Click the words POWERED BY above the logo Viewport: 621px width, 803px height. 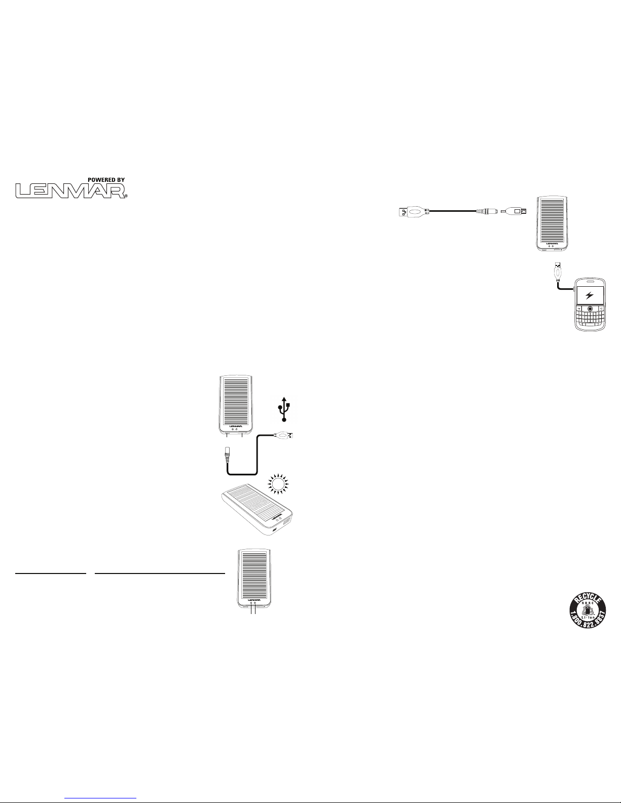106,179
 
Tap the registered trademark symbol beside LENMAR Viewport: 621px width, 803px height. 126,196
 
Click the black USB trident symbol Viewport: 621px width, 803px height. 284,409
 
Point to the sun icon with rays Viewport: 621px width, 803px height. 278,484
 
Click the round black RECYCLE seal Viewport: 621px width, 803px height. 588,610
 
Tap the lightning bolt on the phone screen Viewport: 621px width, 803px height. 590,295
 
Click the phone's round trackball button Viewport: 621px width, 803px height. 590,309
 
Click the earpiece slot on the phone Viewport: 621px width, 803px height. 590,281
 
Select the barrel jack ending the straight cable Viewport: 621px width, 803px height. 487,211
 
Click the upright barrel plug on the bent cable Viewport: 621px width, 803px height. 227,453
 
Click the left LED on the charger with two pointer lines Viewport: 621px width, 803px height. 251,602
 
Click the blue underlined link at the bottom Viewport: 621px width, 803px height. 100,796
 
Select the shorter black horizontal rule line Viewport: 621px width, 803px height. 51,573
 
